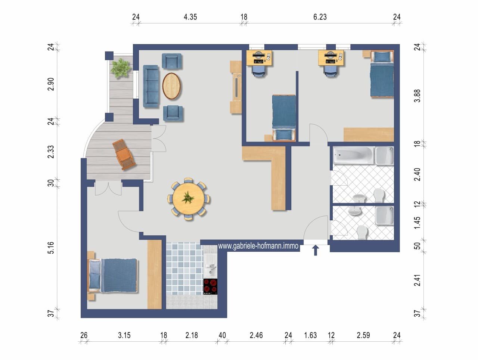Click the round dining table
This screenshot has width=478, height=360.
point(189,199)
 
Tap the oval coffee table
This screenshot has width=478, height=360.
point(171,86)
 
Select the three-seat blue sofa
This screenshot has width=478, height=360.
point(151,86)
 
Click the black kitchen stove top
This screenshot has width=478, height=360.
point(210,286)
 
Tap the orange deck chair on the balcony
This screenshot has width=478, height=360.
point(124,154)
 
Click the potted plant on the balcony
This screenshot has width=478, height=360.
point(120,68)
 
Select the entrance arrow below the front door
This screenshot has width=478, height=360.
point(315,250)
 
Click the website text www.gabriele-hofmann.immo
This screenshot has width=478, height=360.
point(258,246)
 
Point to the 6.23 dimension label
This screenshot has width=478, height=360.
point(320,17)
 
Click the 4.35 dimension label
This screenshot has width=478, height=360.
point(190,17)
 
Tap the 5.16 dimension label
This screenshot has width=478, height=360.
point(51,248)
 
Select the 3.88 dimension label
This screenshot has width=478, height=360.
point(417,96)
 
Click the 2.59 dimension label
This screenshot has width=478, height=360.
point(363,335)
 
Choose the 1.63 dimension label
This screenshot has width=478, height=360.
point(310,335)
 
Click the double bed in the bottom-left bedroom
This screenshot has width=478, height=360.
point(112,275)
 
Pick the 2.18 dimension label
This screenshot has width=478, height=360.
point(192,335)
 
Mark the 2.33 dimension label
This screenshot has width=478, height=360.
point(51,152)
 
